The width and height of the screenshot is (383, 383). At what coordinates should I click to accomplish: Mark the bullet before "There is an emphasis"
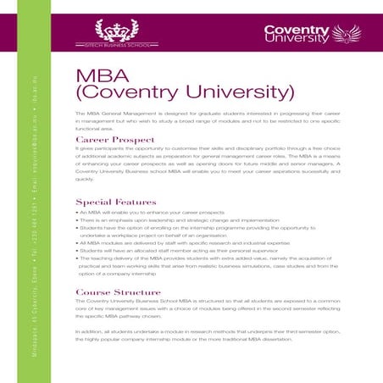click(77, 219)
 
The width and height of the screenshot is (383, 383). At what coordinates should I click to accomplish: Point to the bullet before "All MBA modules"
click(77, 242)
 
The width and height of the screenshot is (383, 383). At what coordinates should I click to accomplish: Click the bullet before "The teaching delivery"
click(77, 258)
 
